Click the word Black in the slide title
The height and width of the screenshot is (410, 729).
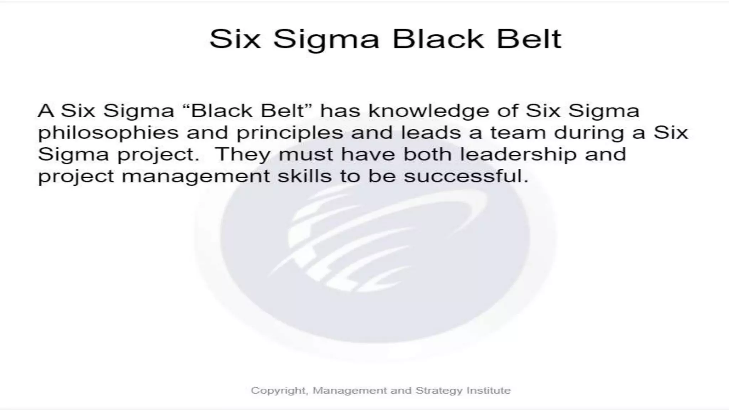click(x=438, y=39)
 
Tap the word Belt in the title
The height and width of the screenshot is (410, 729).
click(x=529, y=39)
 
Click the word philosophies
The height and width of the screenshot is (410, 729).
click(x=108, y=133)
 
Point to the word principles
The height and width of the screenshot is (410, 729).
click(x=290, y=133)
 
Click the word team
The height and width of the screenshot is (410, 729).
click(x=518, y=132)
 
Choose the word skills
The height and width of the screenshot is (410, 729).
click(x=304, y=176)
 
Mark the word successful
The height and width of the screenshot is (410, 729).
click(x=466, y=176)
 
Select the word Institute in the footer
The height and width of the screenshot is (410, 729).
click(x=488, y=390)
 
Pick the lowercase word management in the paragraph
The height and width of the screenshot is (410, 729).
click(x=196, y=177)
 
